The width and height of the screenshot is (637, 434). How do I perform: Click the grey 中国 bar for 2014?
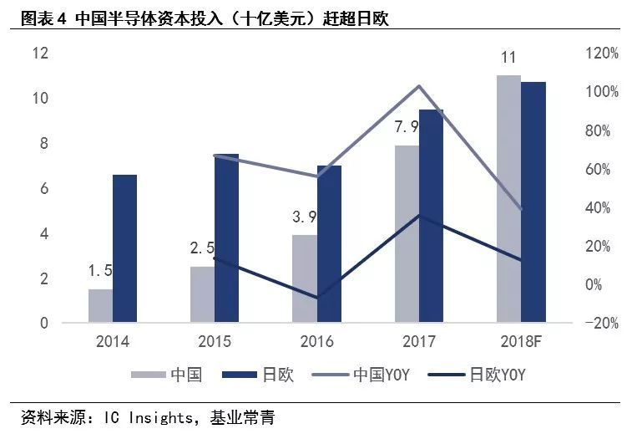coord(100,305)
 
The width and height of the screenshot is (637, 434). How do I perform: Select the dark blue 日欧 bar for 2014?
coord(124,248)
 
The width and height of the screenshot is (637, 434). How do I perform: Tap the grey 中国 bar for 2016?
coord(305,278)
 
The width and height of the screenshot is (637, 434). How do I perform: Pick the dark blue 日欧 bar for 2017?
coord(431,216)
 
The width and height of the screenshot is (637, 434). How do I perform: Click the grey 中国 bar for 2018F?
coord(508,198)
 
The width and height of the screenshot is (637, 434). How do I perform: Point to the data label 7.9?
coord(407,127)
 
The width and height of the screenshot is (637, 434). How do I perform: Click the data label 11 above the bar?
coord(508,58)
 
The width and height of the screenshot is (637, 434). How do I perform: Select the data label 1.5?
coord(100,271)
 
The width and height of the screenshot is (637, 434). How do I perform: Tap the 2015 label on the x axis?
coord(215,342)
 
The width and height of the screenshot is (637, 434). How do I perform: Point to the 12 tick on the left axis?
coord(40,54)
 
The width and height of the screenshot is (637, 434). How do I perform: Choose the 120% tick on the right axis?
coord(600,54)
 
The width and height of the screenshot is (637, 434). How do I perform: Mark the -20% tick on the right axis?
coord(599,324)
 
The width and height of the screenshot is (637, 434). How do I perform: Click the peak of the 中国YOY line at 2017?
coord(419,86)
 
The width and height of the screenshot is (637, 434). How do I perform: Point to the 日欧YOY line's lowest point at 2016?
coord(317,298)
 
